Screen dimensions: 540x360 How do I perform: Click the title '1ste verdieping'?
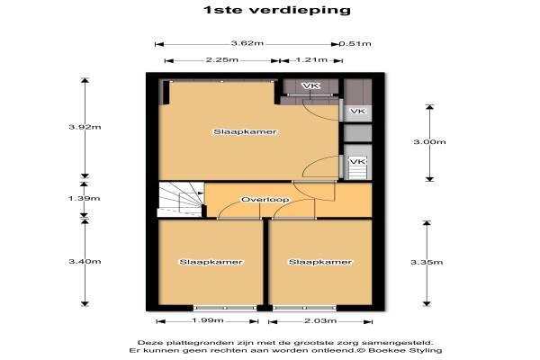[x=277, y=10]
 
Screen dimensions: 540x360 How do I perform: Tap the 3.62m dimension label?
[x=247, y=43]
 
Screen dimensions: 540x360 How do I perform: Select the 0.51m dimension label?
[x=355, y=44]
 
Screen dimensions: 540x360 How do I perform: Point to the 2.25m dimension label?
[x=221, y=60]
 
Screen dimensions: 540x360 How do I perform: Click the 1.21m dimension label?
[x=311, y=60]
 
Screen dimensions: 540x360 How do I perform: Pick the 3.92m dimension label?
[x=85, y=127]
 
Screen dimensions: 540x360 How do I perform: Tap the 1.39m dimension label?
[x=84, y=198]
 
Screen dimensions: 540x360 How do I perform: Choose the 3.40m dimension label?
[x=85, y=262]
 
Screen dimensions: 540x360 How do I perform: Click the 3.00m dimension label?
[x=429, y=141]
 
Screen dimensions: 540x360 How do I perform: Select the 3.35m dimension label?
[x=427, y=263]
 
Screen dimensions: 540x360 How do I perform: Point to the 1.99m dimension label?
[x=208, y=320]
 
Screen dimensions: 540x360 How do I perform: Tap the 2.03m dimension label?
[x=320, y=320]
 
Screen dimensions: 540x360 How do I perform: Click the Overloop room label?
[x=265, y=200]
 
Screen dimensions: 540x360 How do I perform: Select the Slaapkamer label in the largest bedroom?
[x=245, y=132]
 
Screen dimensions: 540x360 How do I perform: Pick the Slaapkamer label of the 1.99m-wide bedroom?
[x=211, y=262]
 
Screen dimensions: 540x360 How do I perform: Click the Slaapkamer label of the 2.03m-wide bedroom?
[x=320, y=262]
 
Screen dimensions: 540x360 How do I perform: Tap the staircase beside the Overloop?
[x=181, y=200]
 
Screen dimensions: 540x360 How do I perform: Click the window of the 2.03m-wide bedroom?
[x=304, y=308]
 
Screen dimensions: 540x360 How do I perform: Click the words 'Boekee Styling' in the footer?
[x=405, y=351]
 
